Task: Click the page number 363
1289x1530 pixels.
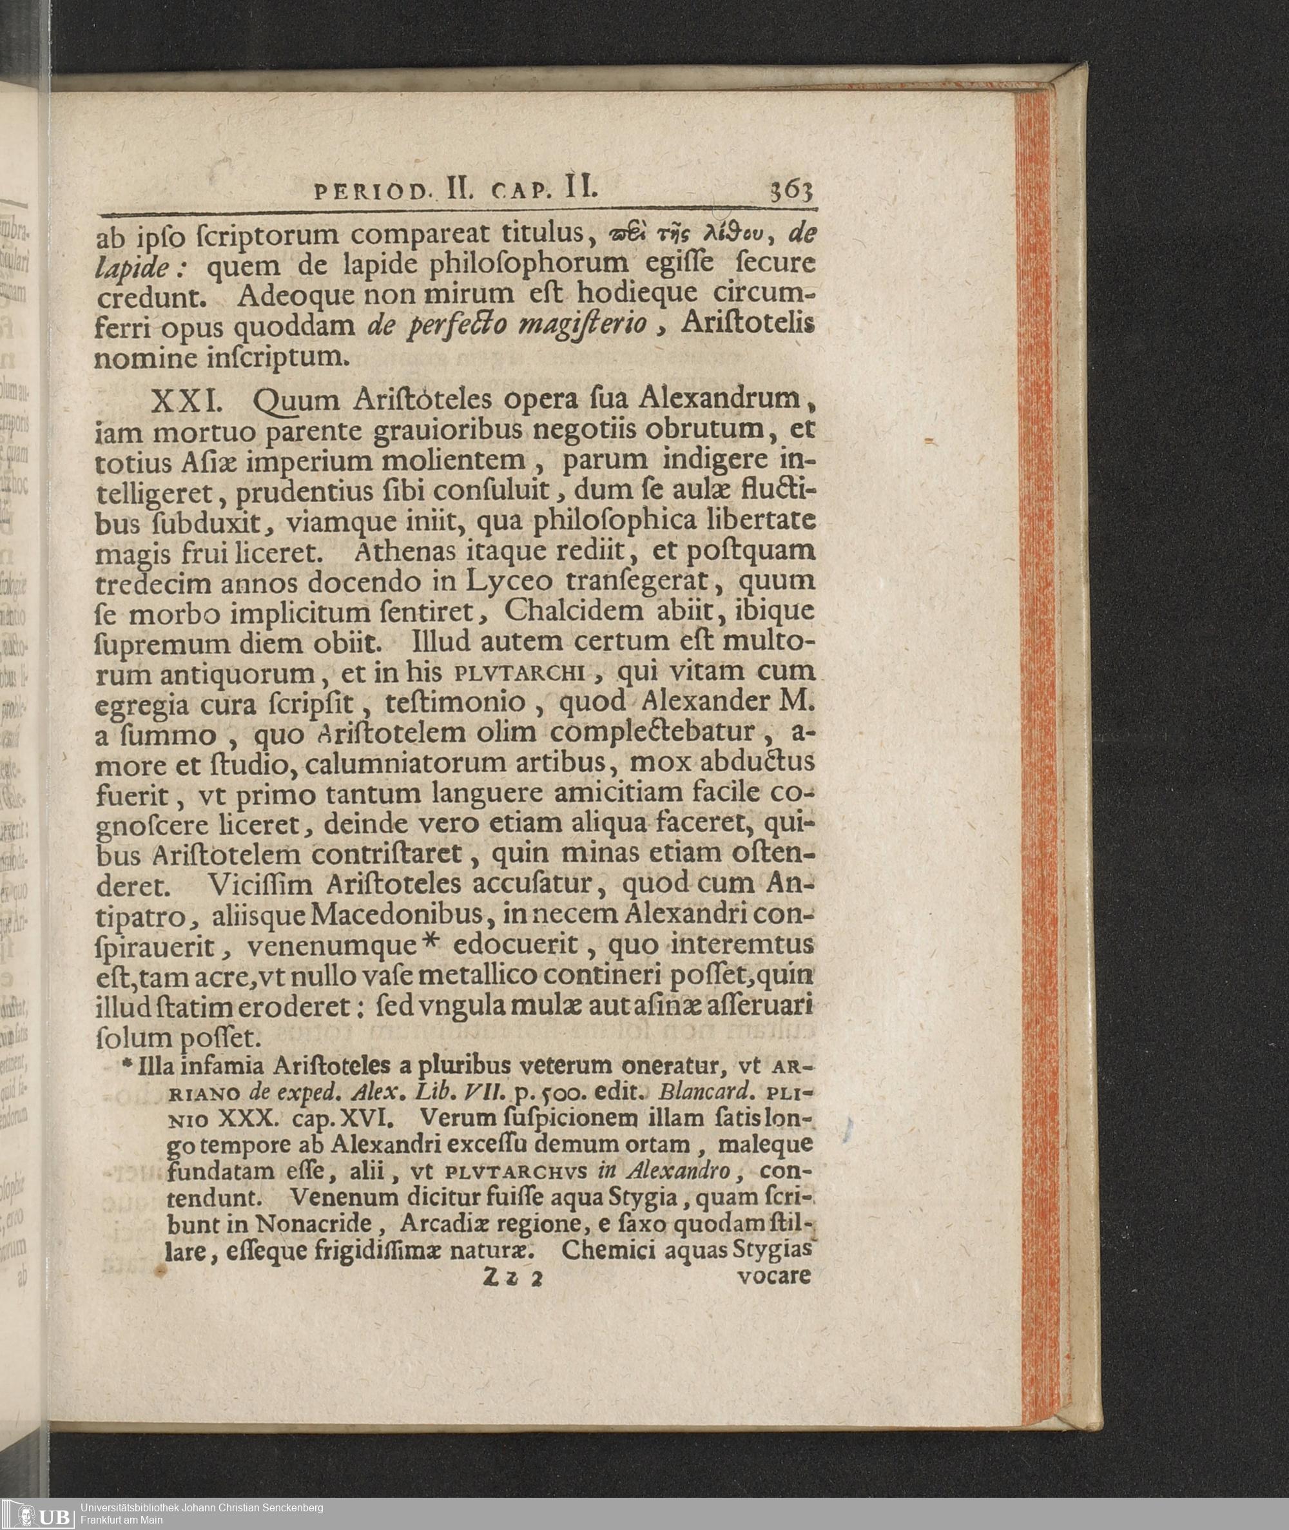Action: coord(791,192)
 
